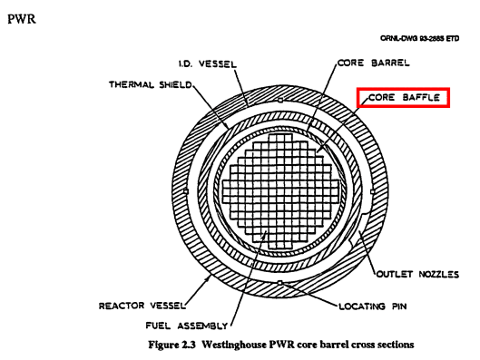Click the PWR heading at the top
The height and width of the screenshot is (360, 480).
click(19, 19)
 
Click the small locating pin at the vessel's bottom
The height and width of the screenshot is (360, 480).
click(280, 287)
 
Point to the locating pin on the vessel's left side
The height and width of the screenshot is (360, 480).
click(184, 191)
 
